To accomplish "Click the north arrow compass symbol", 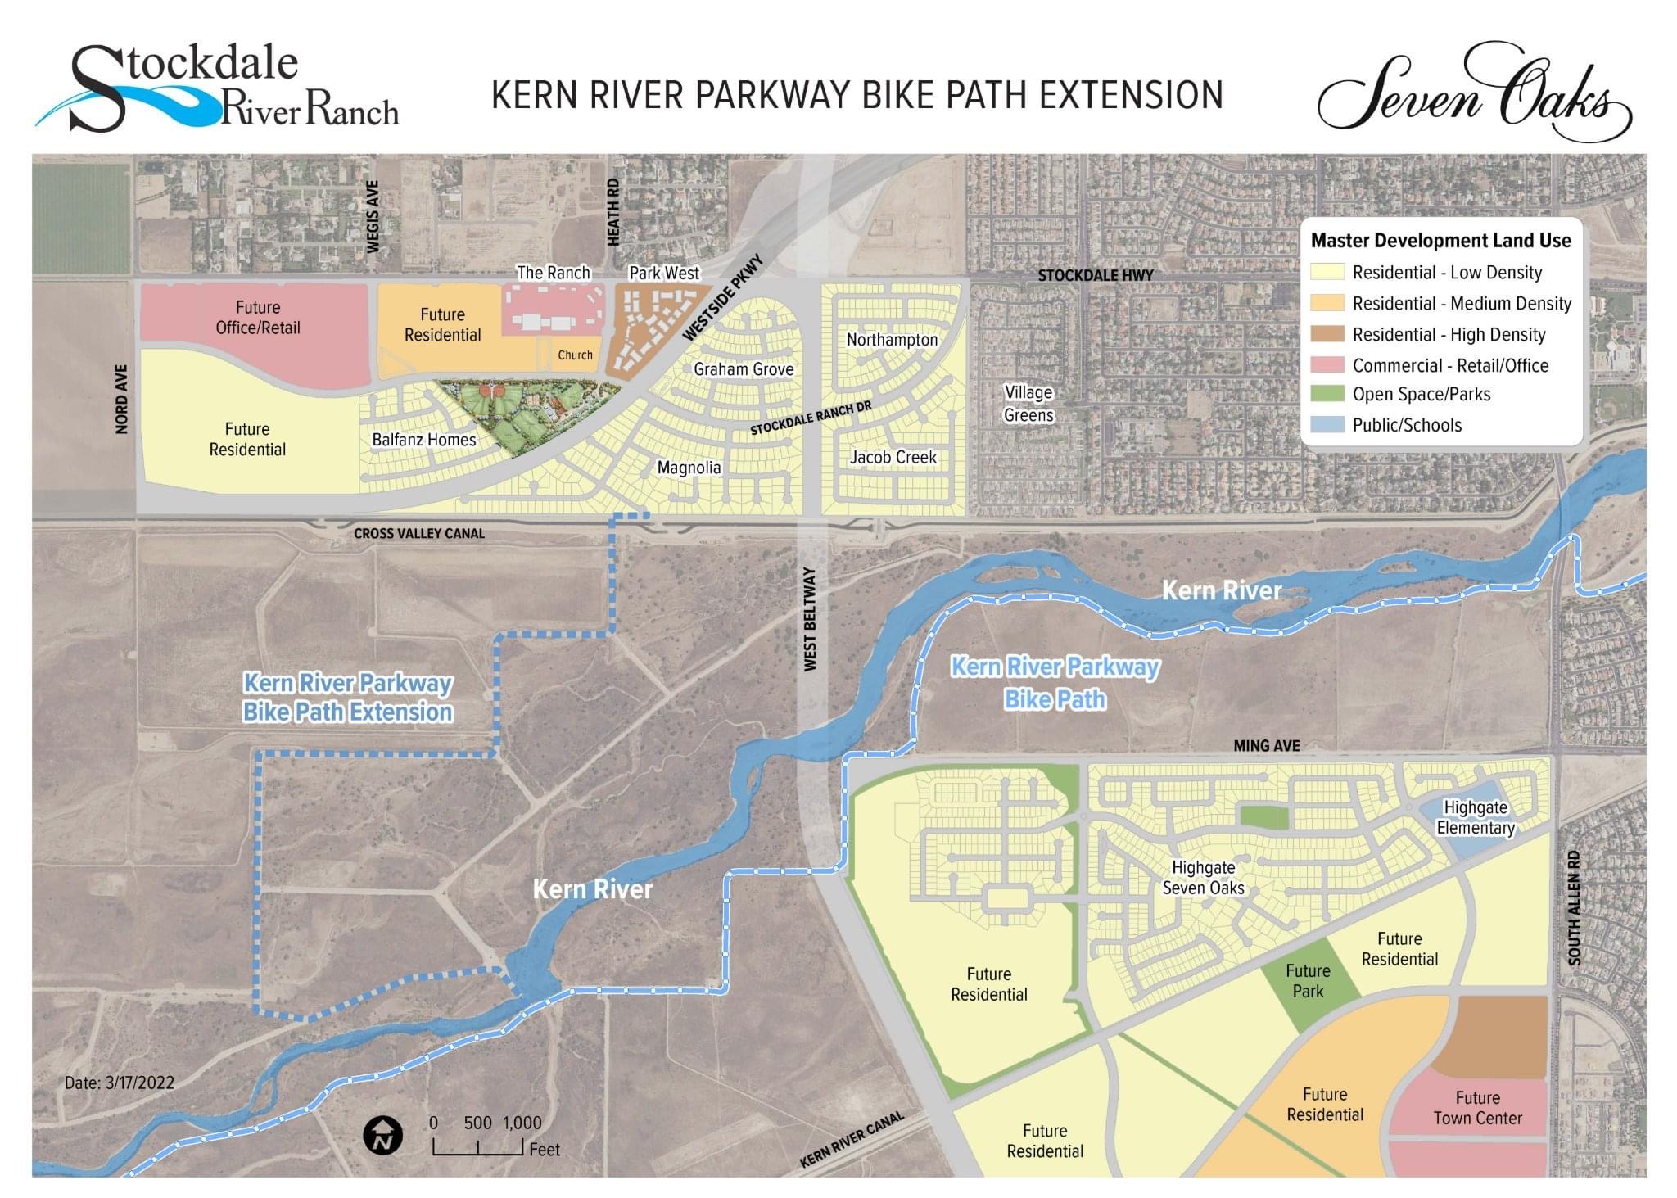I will point(382,1136).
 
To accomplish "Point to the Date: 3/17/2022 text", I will point(120,1083).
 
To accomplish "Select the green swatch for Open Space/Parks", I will point(1327,394).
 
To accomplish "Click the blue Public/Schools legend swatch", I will point(1327,425).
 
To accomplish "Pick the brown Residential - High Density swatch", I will point(1327,334).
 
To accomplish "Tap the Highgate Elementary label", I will point(1476,817).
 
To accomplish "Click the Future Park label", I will point(1308,981).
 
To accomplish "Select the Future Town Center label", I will point(1477,1108).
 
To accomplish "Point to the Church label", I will point(575,355).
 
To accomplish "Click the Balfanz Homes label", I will point(423,440).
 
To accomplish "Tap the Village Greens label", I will point(1028,404).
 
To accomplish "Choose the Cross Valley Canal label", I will point(419,533).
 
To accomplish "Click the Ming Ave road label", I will point(1266,745).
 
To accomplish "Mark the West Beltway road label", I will point(810,619).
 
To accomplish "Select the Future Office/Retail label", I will point(258,318).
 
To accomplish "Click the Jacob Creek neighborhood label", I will point(893,457).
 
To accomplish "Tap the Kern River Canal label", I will point(852,1139).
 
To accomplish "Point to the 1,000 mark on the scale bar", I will point(522,1123).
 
